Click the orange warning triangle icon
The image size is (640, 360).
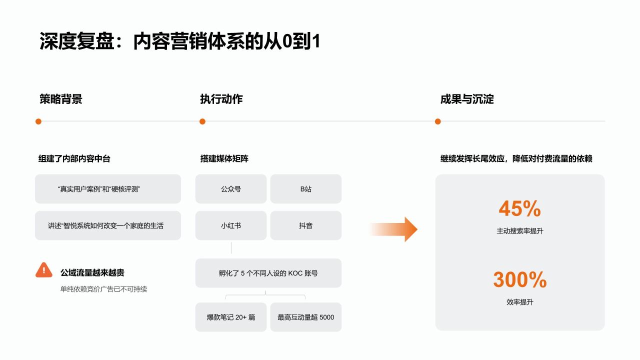click(43, 270)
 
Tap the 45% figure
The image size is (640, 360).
click(519, 208)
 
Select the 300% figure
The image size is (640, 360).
click(519, 279)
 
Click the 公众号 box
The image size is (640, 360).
click(231, 189)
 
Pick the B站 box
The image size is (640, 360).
click(305, 189)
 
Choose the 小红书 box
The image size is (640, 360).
click(231, 225)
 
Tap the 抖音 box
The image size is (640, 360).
click(305, 225)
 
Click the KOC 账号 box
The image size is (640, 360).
click(268, 273)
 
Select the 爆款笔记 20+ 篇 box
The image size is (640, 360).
click(231, 317)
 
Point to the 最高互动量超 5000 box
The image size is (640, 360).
click(305, 317)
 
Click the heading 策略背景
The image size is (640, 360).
click(61, 99)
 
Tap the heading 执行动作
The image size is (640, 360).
click(221, 99)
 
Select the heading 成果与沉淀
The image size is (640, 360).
click(467, 99)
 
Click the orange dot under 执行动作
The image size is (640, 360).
click(202, 121)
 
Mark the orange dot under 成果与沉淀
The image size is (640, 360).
click(437, 121)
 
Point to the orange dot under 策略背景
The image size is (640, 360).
click(38, 121)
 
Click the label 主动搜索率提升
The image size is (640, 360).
click(519, 231)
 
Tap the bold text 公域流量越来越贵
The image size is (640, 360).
click(92, 272)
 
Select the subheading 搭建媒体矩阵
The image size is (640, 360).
click(224, 158)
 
